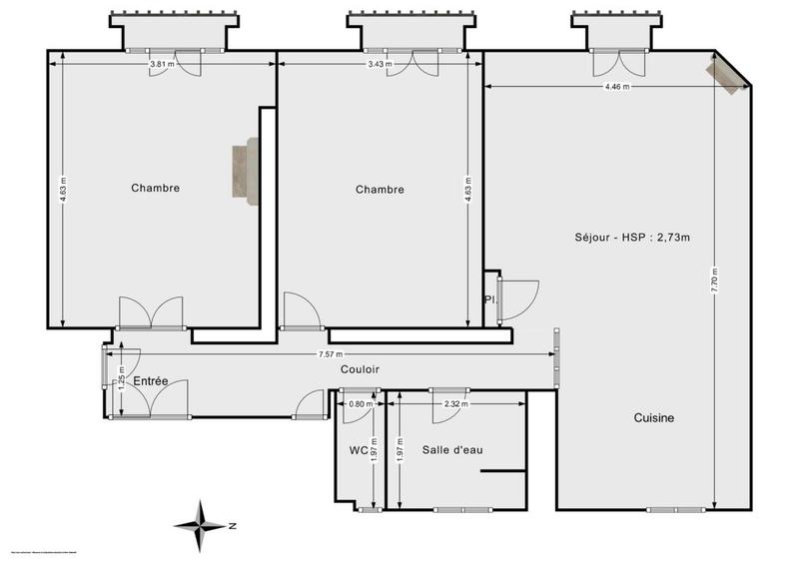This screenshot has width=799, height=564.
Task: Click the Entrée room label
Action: tap(150, 380)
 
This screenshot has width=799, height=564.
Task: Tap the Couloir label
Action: tap(360, 369)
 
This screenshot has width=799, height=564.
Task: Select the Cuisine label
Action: tap(654, 418)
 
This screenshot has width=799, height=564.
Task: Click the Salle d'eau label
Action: tap(452, 450)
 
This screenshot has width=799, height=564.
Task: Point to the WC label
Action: tap(359, 450)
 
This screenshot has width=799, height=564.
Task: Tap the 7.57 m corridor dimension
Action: tap(331, 354)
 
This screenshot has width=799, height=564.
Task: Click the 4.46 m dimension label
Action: tap(617, 87)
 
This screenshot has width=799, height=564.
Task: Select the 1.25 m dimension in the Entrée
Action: tap(122, 380)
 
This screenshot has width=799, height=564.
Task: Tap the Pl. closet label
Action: tap(489, 299)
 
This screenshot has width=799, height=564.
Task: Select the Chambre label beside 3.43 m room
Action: tap(380, 190)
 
